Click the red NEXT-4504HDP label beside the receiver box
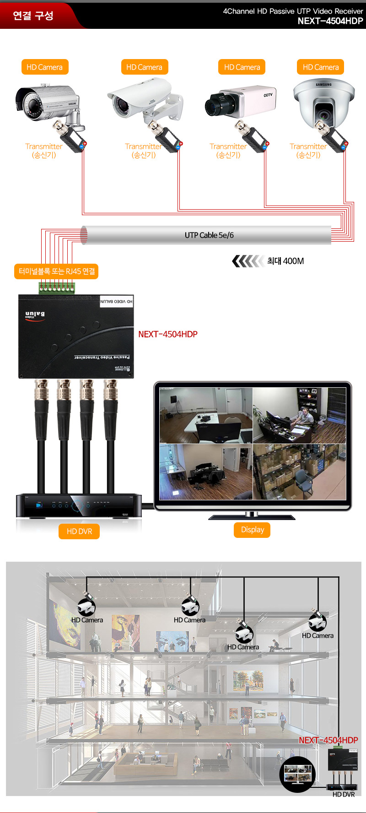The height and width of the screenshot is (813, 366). point(168,334)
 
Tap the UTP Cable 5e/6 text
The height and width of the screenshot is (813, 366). point(209,235)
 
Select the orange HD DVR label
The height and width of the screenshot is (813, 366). point(79,531)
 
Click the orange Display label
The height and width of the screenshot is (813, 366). point(253,530)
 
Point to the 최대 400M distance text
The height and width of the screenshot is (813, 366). point(285,261)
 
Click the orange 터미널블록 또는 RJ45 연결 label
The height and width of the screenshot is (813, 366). point(57,271)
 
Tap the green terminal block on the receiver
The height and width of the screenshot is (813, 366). point(57,288)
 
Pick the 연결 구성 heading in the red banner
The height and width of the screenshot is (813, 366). point(33,16)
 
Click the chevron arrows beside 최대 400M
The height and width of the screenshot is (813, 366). point(248,261)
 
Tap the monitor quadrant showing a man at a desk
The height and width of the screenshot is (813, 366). point(299,416)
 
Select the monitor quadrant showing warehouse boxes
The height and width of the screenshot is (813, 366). point(299,472)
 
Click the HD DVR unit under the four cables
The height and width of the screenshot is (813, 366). point(79,506)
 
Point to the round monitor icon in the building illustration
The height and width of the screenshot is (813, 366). point(297,773)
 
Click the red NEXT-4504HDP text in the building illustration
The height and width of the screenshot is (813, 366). point(328,740)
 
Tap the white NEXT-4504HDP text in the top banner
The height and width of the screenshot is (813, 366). point(330,21)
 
